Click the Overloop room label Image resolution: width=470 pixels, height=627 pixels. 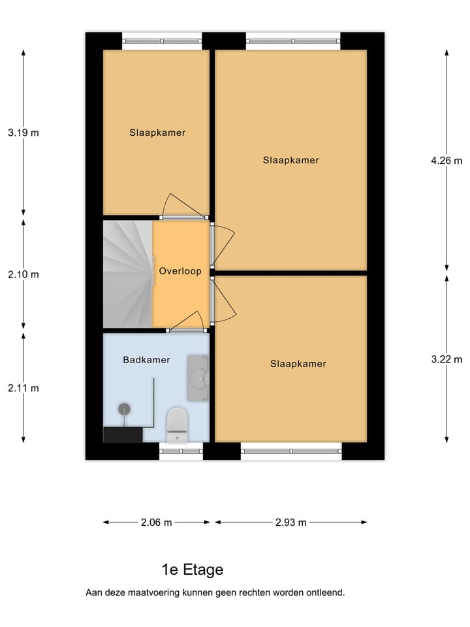tap(180, 270)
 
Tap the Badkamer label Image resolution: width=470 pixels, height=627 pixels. tap(146, 360)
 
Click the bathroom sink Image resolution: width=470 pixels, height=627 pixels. tap(198, 378)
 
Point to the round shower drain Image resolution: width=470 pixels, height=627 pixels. tap(123, 409)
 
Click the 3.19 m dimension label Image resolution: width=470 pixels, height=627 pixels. tap(23, 133)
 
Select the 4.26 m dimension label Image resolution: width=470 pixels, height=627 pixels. tap(446, 161)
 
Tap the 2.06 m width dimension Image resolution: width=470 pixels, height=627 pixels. tap(157, 522)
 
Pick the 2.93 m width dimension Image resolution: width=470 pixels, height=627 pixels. tap(291, 522)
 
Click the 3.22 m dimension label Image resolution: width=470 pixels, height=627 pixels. tap(446, 359)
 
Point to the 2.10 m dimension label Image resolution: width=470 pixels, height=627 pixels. tap(23, 274)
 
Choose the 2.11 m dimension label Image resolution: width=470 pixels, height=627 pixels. tap(23, 388)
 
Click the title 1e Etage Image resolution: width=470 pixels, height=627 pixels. tap(193, 570)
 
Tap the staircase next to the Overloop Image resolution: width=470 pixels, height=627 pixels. tap(127, 274)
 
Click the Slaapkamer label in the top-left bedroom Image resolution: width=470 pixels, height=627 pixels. tap(157, 133)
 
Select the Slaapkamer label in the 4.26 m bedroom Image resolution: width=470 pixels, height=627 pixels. tap(291, 160)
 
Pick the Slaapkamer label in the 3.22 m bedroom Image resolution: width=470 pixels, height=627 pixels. tap(298, 364)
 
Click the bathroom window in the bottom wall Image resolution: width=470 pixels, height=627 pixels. tap(181, 451)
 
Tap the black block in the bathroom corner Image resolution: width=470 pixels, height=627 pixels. tap(123, 435)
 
